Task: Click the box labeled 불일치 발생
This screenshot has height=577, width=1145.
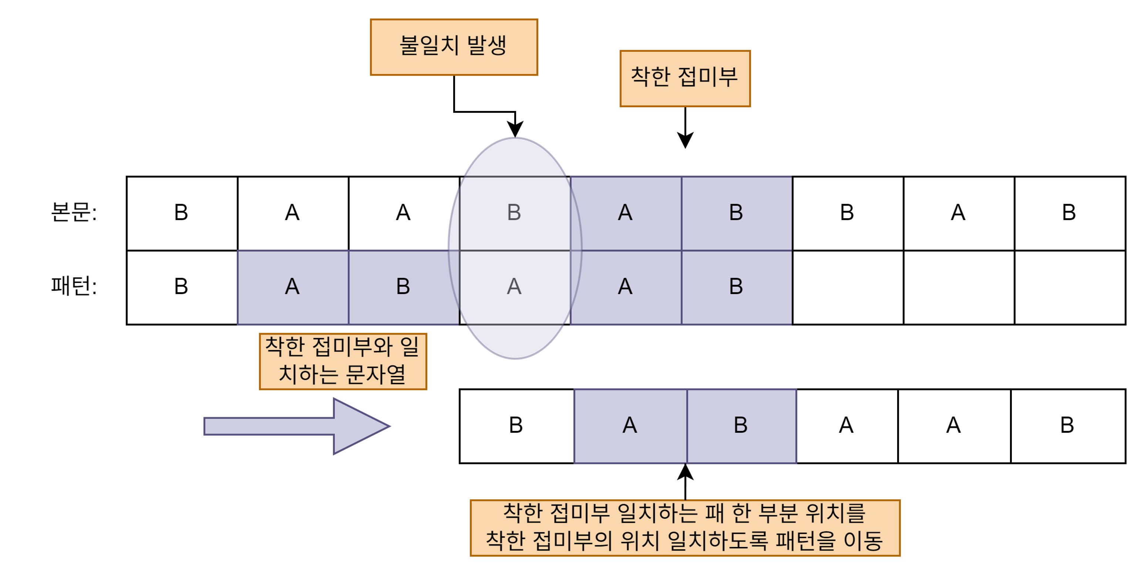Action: (x=454, y=47)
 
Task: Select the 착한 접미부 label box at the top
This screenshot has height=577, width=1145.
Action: (x=684, y=78)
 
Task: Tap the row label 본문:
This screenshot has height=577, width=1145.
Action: (x=74, y=212)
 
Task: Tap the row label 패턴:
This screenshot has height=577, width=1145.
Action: (x=74, y=286)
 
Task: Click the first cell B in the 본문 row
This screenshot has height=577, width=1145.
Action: (x=181, y=213)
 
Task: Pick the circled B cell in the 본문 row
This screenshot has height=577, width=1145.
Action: (x=514, y=213)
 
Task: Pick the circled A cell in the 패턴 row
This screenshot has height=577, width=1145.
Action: (x=514, y=287)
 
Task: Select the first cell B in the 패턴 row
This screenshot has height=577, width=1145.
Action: (x=181, y=287)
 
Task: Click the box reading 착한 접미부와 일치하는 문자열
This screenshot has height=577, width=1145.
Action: (x=343, y=361)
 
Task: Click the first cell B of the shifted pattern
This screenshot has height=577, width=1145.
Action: (x=516, y=426)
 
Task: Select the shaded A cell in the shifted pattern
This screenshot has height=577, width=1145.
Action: (x=630, y=426)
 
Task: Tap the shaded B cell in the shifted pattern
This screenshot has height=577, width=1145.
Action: (x=741, y=426)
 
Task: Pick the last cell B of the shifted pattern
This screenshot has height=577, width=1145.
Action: (x=1067, y=426)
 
